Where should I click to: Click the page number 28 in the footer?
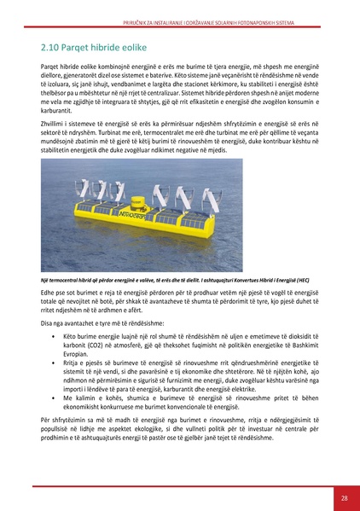coord(343,498)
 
